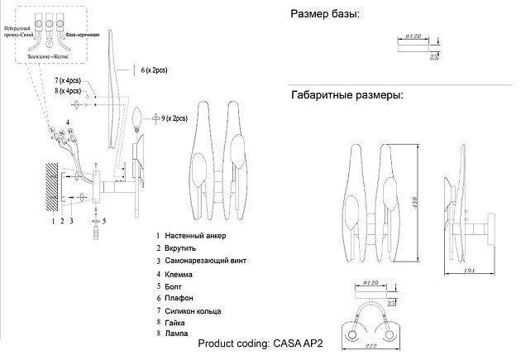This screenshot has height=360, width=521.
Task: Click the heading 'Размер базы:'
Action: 325,15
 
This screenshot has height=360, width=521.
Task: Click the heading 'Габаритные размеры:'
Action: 347,95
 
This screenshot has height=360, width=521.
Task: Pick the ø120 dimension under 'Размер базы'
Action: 415,37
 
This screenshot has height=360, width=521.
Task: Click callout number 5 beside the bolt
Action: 104,222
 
